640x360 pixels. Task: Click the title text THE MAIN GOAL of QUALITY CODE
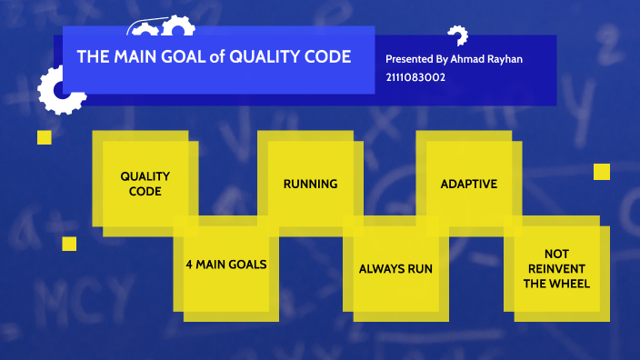click(214, 56)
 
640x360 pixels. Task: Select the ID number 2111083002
click(415, 77)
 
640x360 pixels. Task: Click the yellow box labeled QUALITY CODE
click(145, 184)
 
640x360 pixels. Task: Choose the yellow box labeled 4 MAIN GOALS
click(225, 265)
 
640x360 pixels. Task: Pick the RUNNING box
click(310, 184)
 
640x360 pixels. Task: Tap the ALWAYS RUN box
click(395, 269)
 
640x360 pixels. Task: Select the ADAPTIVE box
click(468, 184)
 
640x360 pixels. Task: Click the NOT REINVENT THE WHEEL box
click(555, 269)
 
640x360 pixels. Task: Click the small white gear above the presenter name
click(457, 35)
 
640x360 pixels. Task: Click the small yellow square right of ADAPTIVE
click(601, 172)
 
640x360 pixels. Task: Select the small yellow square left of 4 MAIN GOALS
click(69, 244)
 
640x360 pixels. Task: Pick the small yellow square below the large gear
click(44, 137)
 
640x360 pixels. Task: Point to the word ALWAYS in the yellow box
click(380, 269)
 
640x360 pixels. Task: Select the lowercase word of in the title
click(216, 56)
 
